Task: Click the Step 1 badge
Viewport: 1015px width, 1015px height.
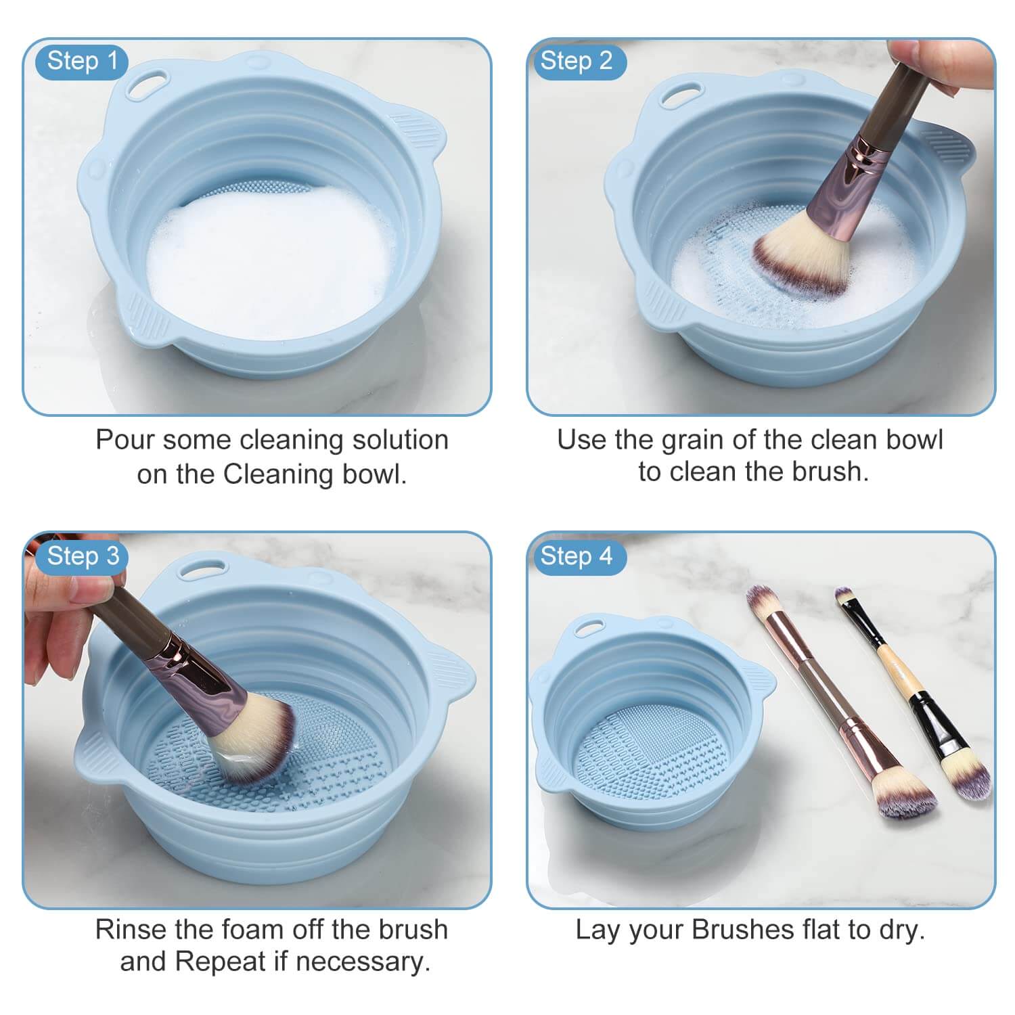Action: pos(83,61)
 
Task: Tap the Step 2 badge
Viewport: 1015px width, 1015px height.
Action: pos(576,61)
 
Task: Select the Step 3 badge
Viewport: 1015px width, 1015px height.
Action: pos(83,556)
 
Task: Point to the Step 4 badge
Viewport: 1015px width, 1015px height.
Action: pos(576,556)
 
